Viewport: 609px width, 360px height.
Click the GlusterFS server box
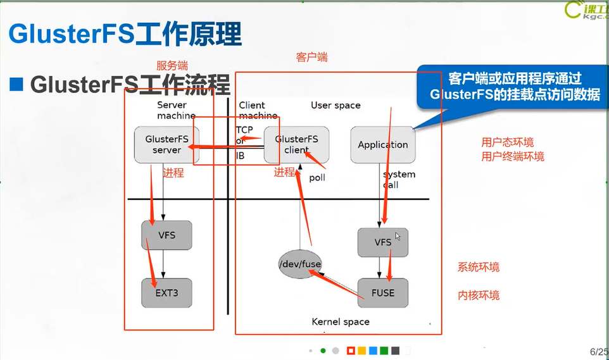click(166, 144)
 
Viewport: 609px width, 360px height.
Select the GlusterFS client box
click(296, 144)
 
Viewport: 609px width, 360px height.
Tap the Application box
click(382, 144)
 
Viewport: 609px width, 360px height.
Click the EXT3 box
click(166, 293)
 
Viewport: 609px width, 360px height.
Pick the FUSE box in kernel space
click(382, 293)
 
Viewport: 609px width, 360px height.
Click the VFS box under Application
click(382, 242)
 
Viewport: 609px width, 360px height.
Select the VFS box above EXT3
click(166, 235)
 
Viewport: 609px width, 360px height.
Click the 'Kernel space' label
click(341, 321)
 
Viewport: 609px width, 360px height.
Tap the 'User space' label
click(336, 105)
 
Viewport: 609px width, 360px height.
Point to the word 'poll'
click(317, 178)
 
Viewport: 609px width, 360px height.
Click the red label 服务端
click(172, 66)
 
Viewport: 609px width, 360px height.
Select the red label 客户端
click(311, 57)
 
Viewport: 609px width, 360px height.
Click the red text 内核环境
click(479, 295)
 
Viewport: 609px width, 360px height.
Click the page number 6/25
click(599, 351)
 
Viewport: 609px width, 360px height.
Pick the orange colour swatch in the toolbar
click(361, 351)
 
